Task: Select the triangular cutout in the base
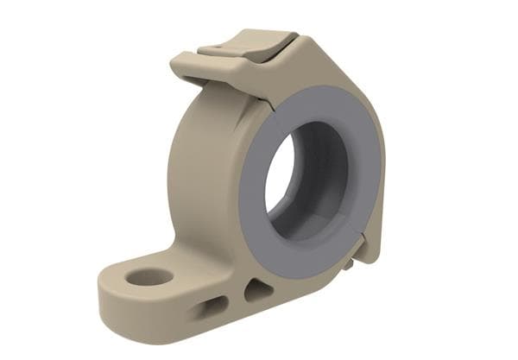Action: pos(257,290)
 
